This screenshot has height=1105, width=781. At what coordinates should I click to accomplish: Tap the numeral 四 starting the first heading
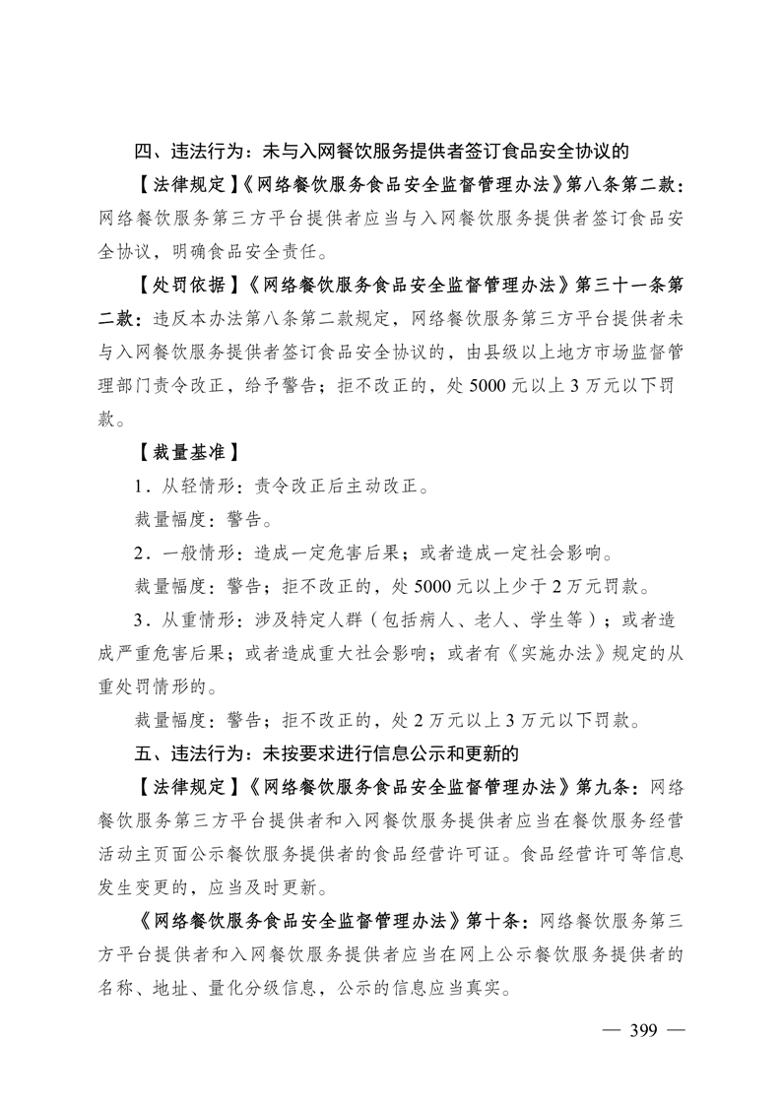145,152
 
